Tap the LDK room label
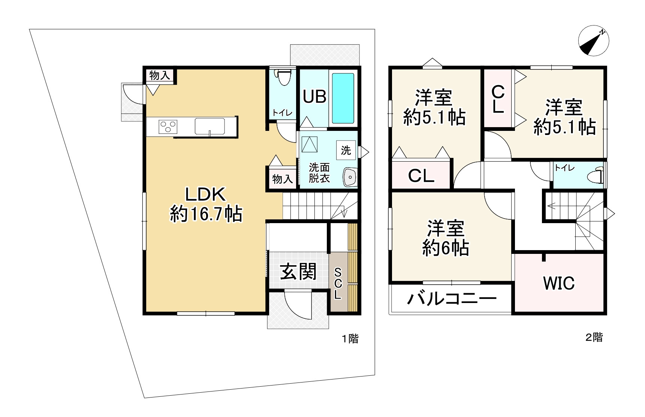205,195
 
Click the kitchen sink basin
210,126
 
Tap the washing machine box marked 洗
346,150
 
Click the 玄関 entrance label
298,271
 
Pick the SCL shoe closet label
338,283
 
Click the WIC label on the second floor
559,283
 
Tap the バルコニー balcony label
452,299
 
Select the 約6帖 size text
446,248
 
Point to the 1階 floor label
350,339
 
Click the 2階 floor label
594,337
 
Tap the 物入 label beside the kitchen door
160,75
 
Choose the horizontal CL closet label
421,175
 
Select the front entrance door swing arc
296,304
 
